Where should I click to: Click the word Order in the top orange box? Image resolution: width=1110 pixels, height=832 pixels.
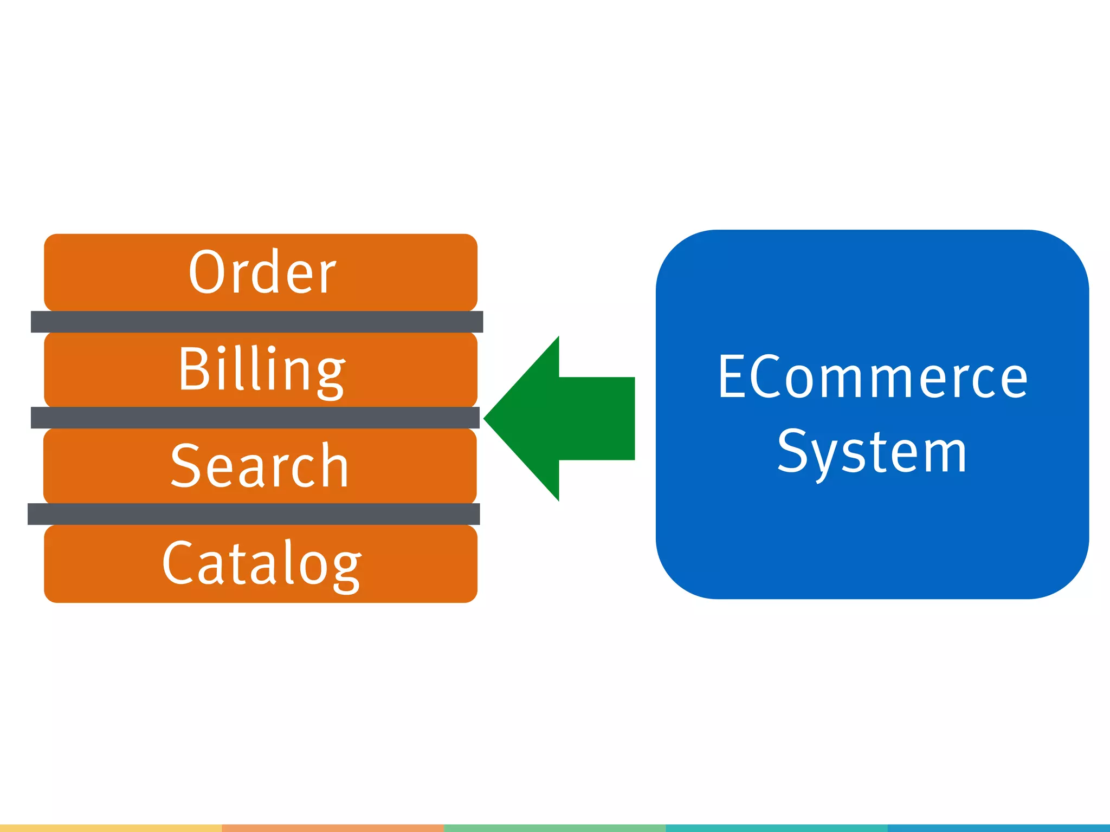(x=262, y=272)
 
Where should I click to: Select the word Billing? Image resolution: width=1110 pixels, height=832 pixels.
(x=262, y=370)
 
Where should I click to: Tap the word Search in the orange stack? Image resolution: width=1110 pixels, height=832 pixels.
(x=260, y=466)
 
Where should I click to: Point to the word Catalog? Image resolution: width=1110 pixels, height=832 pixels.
(x=262, y=564)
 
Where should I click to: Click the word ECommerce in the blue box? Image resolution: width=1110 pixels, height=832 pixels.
(x=873, y=377)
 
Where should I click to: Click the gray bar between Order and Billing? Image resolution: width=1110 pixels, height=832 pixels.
(x=257, y=322)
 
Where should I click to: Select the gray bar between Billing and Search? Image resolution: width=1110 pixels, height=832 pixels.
(x=255, y=418)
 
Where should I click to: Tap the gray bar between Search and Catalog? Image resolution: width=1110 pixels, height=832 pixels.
(x=254, y=514)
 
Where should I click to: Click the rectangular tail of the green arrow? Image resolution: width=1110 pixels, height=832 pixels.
(x=596, y=418)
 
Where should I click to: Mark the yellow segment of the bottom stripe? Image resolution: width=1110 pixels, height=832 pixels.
(x=111, y=828)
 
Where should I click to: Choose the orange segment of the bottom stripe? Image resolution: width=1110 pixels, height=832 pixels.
(x=333, y=828)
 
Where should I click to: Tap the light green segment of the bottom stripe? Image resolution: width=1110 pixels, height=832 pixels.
(x=554, y=828)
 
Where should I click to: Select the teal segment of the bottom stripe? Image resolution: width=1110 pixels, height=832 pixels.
(x=777, y=828)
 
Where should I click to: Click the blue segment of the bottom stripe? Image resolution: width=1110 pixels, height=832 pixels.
(x=999, y=828)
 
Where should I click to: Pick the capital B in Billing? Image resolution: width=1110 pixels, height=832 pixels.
(x=193, y=369)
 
